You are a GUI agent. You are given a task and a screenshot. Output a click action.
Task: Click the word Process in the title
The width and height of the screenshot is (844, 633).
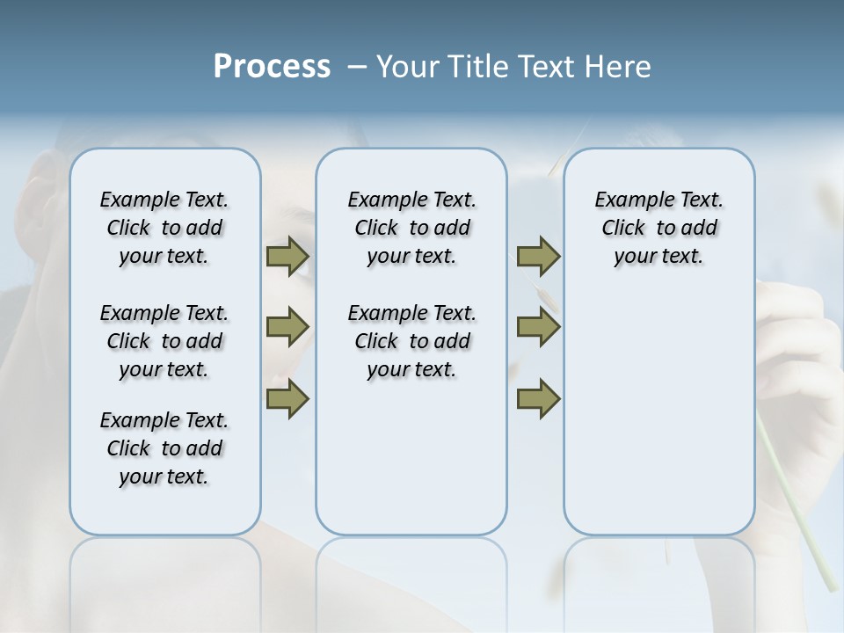(x=272, y=67)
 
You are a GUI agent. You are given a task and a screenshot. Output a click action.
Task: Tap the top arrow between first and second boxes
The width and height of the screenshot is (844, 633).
(x=287, y=257)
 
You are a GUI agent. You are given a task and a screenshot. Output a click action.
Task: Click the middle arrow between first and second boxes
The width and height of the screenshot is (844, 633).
(x=287, y=328)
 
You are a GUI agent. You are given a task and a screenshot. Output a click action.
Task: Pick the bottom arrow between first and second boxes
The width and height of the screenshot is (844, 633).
(x=287, y=399)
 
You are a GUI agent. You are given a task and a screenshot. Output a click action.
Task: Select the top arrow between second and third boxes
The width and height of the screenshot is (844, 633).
(x=538, y=257)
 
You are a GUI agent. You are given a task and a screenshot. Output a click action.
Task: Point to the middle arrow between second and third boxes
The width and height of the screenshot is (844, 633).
(x=538, y=328)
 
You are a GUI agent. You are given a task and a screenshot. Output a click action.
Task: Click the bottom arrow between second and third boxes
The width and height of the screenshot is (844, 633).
(x=538, y=399)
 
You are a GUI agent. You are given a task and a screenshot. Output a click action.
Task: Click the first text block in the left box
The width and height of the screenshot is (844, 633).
(x=164, y=228)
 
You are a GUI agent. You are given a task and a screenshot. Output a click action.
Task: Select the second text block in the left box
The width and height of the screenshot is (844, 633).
(x=164, y=341)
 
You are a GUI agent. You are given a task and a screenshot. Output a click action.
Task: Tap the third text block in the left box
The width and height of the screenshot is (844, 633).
(x=164, y=448)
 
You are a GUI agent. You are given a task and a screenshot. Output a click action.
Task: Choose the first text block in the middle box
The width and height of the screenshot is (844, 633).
(x=411, y=228)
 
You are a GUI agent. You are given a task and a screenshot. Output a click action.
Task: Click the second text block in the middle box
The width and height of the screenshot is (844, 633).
(x=411, y=341)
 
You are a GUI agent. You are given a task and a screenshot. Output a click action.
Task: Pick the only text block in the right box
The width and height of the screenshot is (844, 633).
(x=658, y=228)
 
